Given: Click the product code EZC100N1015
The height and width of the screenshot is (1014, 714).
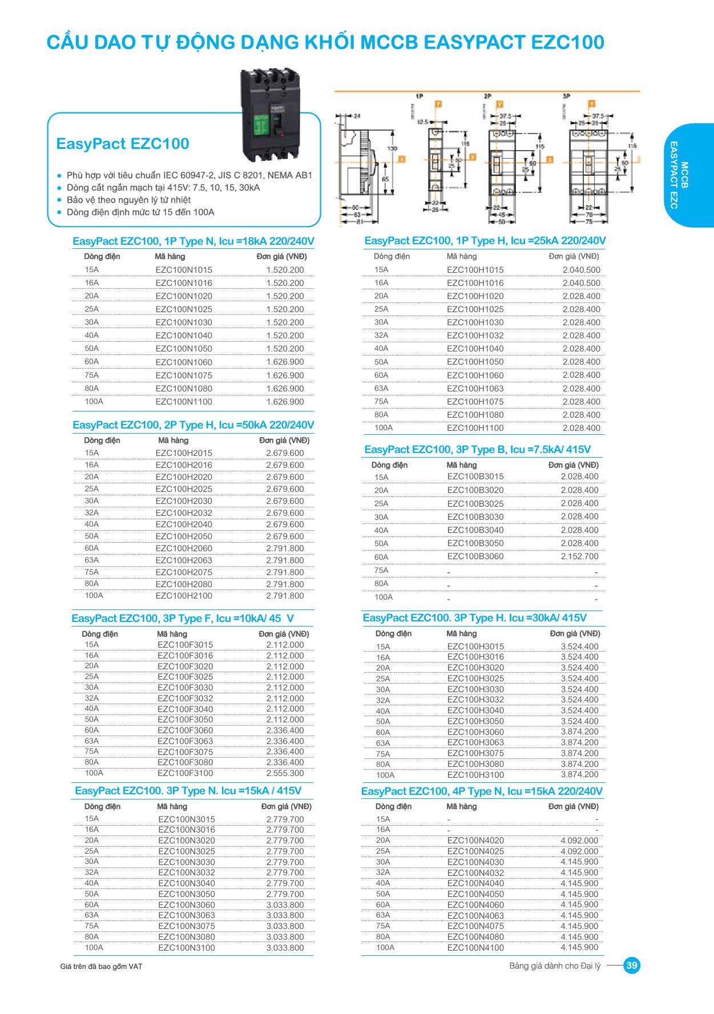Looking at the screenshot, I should click(x=184, y=270).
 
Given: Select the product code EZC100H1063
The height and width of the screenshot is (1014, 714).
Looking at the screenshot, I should click(x=475, y=389).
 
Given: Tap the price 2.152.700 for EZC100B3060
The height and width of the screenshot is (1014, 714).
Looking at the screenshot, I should click(x=579, y=556).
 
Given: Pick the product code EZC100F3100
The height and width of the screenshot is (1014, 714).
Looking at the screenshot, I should click(x=185, y=773).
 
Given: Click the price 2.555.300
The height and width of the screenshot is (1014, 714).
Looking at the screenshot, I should click(x=285, y=773).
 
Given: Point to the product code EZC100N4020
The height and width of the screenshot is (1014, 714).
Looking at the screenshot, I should click(x=475, y=841).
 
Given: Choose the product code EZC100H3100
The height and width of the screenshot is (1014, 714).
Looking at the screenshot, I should click(x=475, y=775).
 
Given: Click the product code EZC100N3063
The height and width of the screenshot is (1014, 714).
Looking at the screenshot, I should click(x=187, y=915).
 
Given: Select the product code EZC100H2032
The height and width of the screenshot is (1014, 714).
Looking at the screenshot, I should click(x=184, y=513).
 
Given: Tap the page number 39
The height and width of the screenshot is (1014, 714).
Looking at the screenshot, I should click(x=632, y=966).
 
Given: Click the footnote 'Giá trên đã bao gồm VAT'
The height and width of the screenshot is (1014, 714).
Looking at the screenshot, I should click(x=101, y=967).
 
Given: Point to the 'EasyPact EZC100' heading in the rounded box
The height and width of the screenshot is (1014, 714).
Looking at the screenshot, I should click(x=123, y=144).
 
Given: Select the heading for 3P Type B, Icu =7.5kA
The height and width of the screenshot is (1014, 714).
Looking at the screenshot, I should click(x=477, y=450).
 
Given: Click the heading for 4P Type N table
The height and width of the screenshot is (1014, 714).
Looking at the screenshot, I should click(x=482, y=791).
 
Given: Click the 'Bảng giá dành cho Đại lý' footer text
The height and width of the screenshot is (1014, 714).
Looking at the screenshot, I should click(x=555, y=966).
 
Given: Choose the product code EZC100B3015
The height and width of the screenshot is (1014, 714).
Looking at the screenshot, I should click(x=475, y=476).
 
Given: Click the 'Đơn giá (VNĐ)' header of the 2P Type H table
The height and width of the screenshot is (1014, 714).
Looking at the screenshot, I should click(x=284, y=441).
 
